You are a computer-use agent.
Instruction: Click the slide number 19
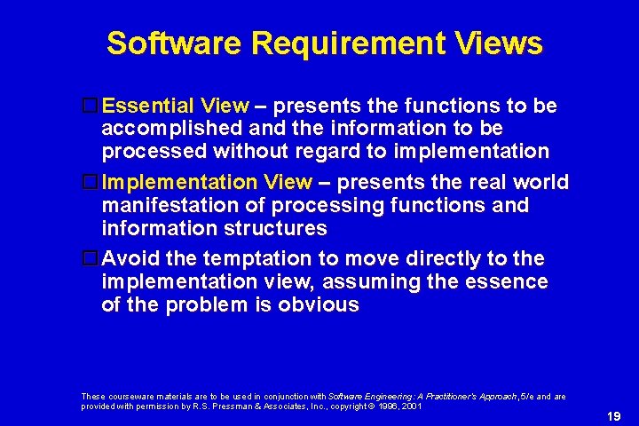click(x=613, y=415)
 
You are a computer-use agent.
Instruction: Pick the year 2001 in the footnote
click(x=409, y=406)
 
